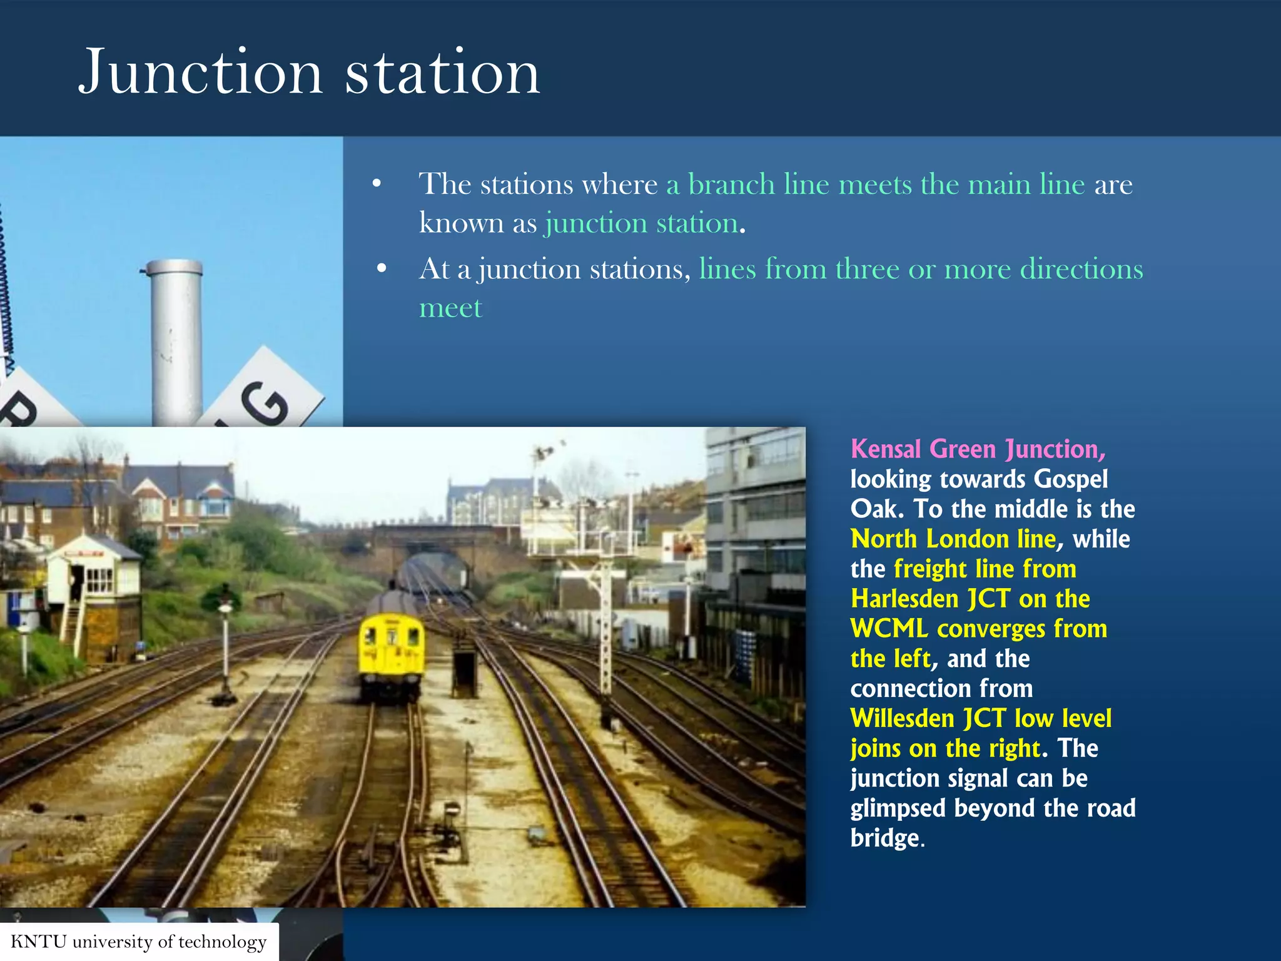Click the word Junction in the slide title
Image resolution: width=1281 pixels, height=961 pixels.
[x=200, y=73]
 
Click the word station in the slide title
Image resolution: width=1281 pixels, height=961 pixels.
[x=442, y=73]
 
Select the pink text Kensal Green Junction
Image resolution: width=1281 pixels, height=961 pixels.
[x=978, y=449]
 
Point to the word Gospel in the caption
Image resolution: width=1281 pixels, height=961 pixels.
[x=1070, y=479]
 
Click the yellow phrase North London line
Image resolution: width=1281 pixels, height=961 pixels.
[x=953, y=539]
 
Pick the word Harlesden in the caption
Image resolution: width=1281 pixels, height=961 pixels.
[x=904, y=599]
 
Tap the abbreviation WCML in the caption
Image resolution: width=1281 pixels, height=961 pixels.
[x=889, y=629]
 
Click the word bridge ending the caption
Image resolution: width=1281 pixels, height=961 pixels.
[x=885, y=838]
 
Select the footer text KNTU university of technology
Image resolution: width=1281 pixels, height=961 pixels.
[x=139, y=942]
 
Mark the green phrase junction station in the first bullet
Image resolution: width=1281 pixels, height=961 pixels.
[x=641, y=223]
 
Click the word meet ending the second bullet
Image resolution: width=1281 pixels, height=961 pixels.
[x=450, y=308]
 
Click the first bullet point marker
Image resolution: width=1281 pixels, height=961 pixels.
[x=377, y=184]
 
